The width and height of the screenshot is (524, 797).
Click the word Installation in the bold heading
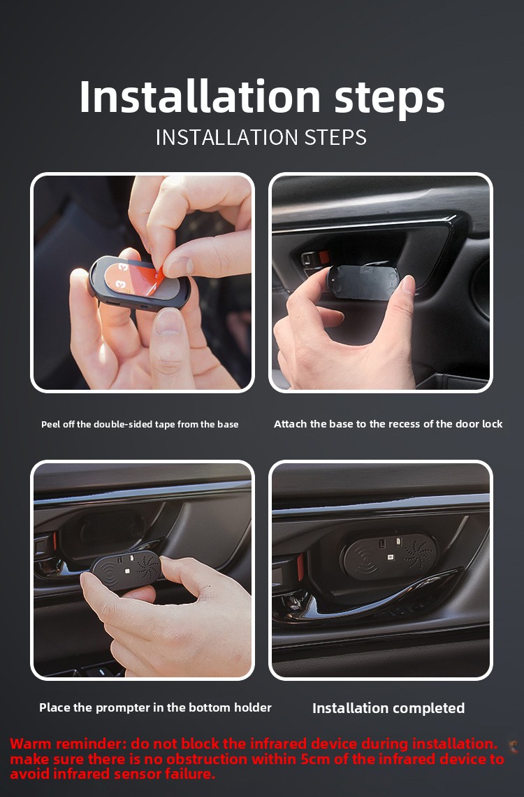tap(200, 96)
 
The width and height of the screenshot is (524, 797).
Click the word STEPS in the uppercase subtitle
tap(335, 138)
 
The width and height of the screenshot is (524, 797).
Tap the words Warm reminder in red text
tap(68, 744)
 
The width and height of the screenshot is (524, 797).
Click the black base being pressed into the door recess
tap(362, 281)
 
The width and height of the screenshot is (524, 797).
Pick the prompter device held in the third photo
tap(126, 570)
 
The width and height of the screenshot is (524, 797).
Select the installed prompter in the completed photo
tap(389, 556)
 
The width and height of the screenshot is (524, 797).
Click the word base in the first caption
tap(228, 425)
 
